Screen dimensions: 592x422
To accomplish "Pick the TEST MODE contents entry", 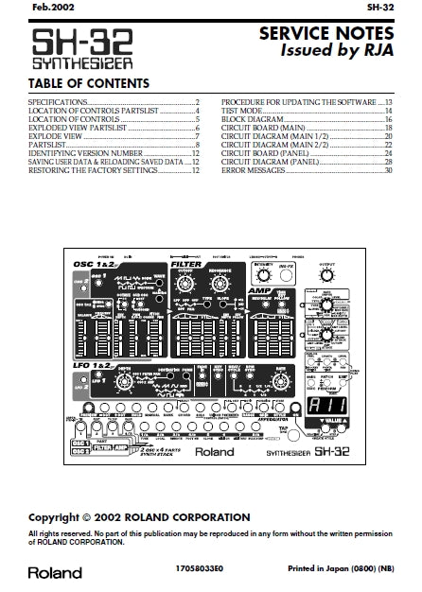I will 243,111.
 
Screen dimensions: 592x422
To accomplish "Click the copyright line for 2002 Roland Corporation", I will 139,518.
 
